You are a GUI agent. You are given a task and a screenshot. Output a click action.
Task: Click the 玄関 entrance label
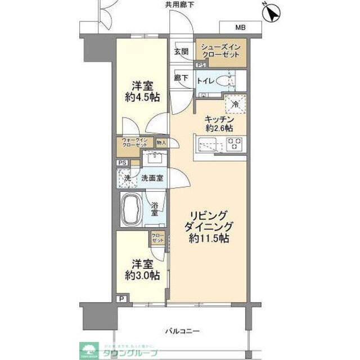click(x=181, y=51)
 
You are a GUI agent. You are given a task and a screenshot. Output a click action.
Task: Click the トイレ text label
click(x=205, y=80)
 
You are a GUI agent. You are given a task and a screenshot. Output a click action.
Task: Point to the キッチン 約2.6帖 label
click(x=219, y=123)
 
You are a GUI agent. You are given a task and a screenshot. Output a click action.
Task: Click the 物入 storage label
click(x=161, y=143)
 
